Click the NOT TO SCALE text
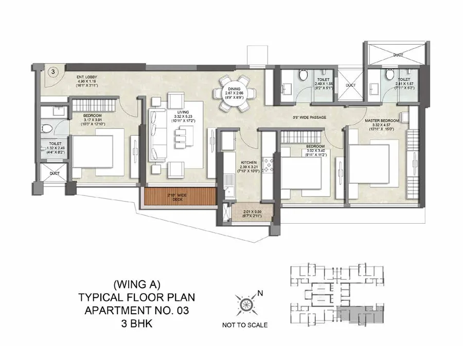click(x=244, y=325)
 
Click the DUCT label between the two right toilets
click(x=350, y=86)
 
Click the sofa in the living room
click(x=158, y=136)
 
